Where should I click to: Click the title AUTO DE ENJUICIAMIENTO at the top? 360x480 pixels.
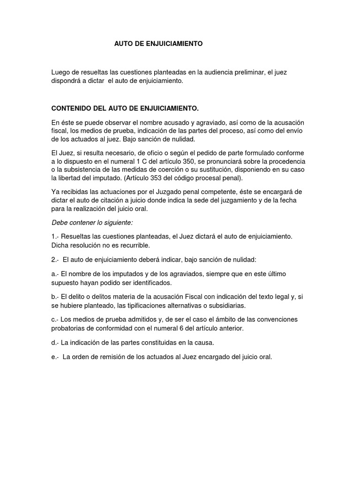[158, 44]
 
